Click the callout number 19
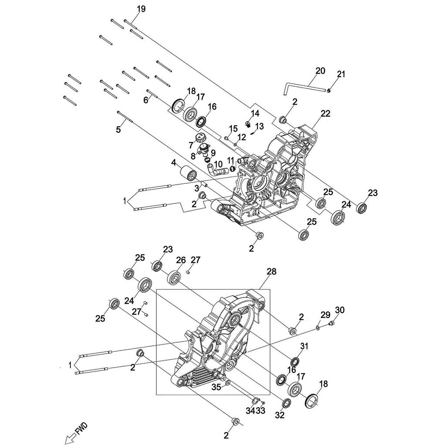(129, 9)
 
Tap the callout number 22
(325, 114)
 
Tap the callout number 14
(255, 113)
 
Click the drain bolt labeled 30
(331, 323)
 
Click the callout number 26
(181, 260)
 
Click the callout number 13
(260, 126)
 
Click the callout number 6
(146, 100)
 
